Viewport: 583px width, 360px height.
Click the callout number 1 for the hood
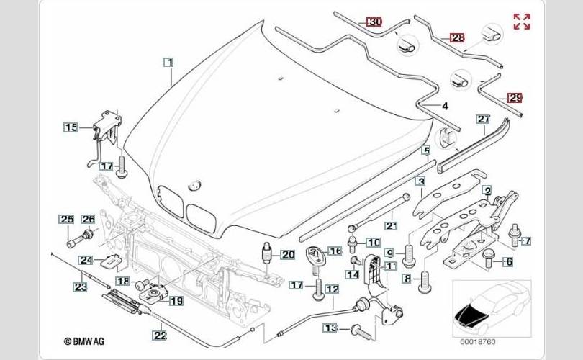click(169, 62)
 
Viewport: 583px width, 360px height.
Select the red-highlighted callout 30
click(374, 22)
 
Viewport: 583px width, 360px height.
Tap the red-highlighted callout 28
click(457, 37)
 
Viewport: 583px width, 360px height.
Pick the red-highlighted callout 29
click(515, 98)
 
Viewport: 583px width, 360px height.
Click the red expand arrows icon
click(522, 21)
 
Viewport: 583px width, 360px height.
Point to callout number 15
click(71, 127)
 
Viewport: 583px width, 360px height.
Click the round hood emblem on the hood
click(194, 185)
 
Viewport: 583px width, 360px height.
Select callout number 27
click(484, 120)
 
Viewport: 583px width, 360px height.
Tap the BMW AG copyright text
click(84, 341)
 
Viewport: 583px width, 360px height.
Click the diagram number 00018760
click(478, 342)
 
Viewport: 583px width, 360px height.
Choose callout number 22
click(160, 335)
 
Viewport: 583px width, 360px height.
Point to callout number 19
click(176, 300)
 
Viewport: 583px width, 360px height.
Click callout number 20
click(288, 255)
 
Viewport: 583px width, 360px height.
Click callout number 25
click(67, 219)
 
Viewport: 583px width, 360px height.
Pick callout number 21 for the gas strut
click(391, 225)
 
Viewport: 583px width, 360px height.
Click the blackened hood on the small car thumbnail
click(469, 315)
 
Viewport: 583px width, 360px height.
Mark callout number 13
click(330, 328)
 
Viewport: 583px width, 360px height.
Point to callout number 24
click(86, 260)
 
